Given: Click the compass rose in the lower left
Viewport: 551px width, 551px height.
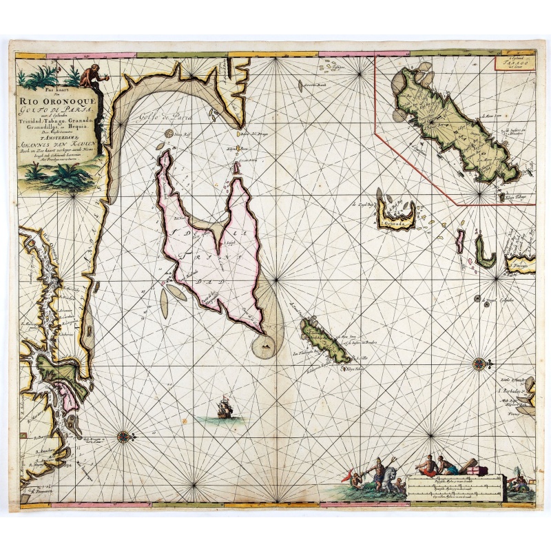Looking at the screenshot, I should pos(123,435).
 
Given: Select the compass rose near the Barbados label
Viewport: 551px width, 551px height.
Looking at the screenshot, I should pos(479,363).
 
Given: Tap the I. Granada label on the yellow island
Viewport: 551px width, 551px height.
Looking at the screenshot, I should pos(395,223).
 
